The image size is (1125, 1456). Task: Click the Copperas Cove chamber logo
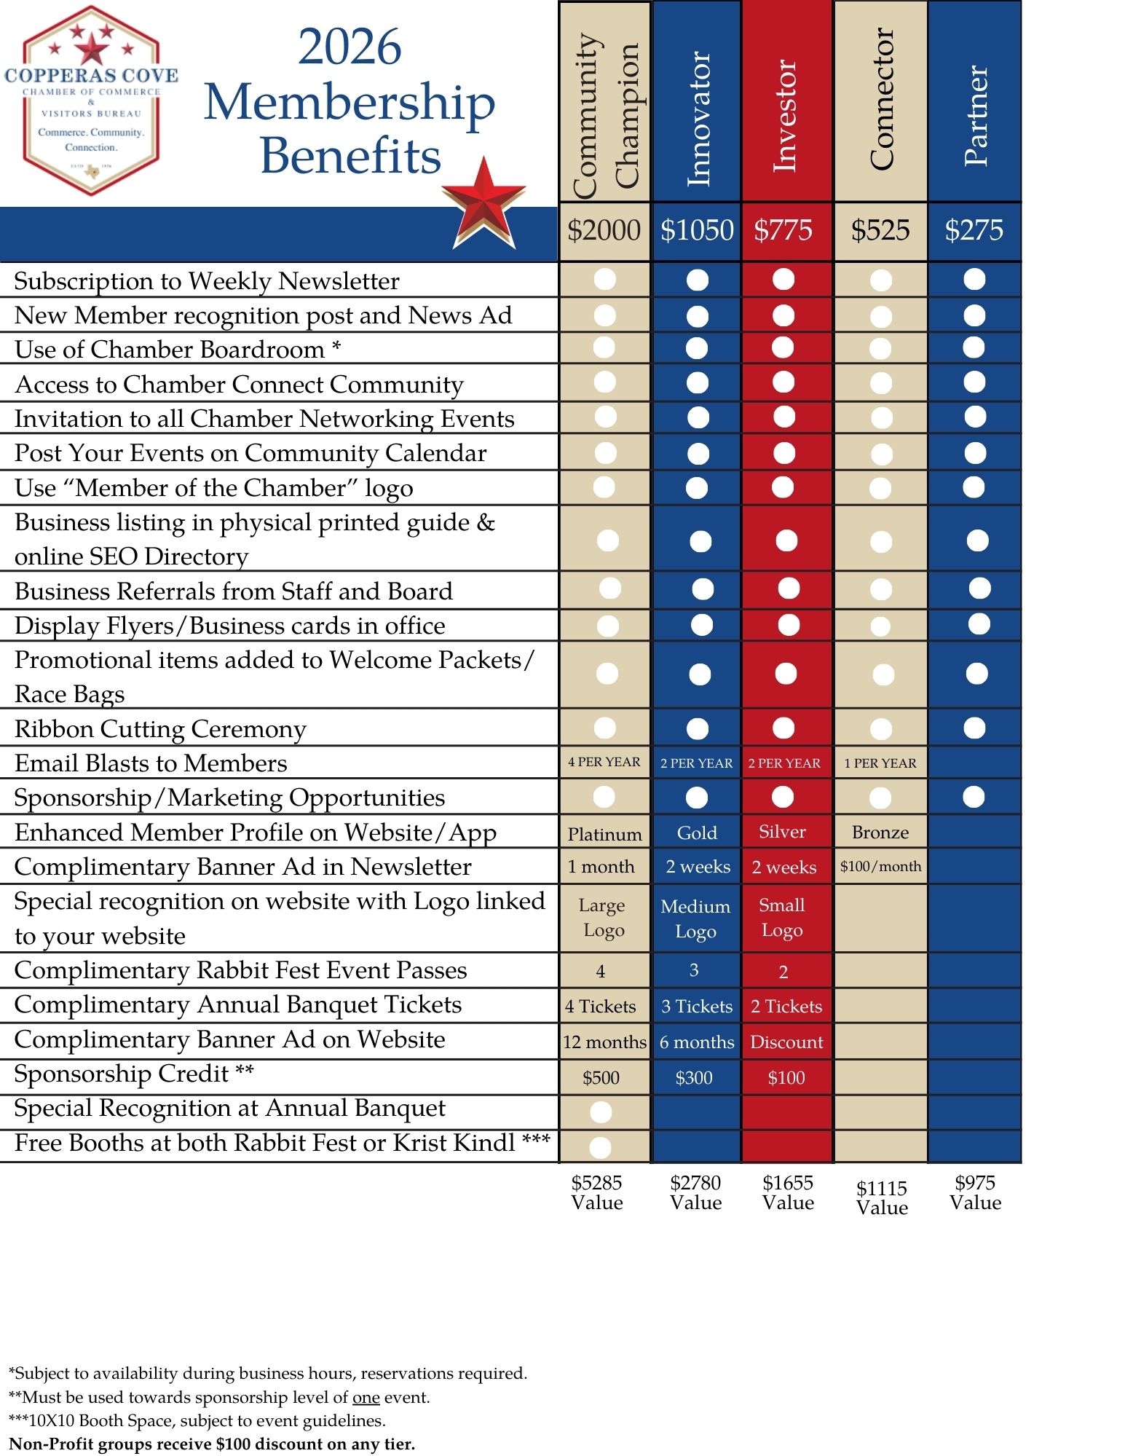coord(91,101)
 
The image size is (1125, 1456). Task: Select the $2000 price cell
coord(604,231)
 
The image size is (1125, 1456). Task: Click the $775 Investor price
coord(783,231)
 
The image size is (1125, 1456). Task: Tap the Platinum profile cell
coord(604,834)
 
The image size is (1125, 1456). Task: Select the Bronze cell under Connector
coord(880,833)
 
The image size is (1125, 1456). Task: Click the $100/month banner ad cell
coord(880,867)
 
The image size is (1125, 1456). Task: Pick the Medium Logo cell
coord(695,918)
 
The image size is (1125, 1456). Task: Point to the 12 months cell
coord(604,1042)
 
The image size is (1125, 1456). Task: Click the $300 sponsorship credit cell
coord(694,1078)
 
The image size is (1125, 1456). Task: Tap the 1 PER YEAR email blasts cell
coord(880,763)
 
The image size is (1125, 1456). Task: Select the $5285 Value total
coord(597,1192)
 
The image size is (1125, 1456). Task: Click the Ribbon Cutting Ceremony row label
coord(160,729)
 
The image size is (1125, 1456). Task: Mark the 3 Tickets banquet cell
coord(697,1007)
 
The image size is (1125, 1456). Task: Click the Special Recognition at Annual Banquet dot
coord(601,1112)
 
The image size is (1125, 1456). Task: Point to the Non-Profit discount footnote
coord(212,1444)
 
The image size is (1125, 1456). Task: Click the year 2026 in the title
coord(350,47)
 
